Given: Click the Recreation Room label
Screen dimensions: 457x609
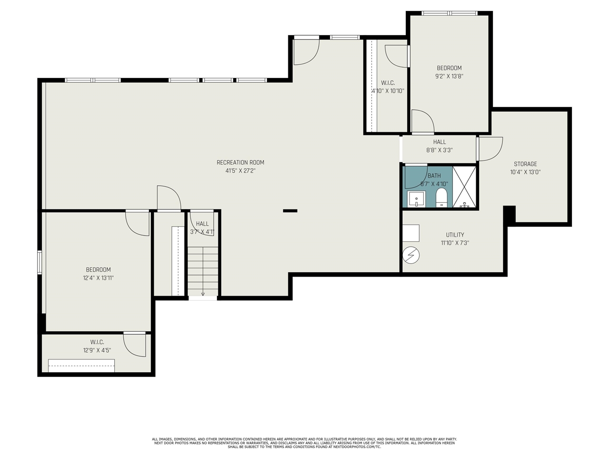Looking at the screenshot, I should click(x=240, y=162).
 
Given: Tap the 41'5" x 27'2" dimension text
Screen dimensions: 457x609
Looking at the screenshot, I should click(x=240, y=170).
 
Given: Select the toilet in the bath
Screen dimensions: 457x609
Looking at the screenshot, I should click(x=442, y=198).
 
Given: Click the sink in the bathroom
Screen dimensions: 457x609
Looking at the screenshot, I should click(x=416, y=199).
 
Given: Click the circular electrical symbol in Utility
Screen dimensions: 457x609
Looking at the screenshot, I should click(x=411, y=256).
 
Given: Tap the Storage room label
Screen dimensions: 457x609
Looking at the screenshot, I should click(x=525, y=164).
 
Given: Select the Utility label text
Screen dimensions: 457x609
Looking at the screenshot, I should click(x=455, y=235).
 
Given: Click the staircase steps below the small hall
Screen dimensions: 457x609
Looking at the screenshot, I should click(x=203, y=269).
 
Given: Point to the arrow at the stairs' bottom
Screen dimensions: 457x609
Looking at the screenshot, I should click(x=203, y=294).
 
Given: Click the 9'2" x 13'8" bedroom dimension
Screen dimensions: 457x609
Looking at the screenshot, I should click(x=449, y=76).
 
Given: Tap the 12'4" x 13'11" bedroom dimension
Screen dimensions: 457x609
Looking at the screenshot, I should click(x=98, y=278).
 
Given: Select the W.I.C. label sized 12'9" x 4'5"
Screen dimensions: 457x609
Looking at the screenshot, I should click(x=97, y=342).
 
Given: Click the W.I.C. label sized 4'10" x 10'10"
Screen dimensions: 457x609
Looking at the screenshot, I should click(x=388, y=83).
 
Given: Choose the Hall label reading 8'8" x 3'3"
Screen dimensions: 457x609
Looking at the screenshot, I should click(x=439, y=142).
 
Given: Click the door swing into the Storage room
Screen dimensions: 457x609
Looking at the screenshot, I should click(x=490, y=149).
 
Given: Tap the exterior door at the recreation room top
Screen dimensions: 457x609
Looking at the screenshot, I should click(x=306, y=51).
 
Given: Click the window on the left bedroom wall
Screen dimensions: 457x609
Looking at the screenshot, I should click(x=40, y=262).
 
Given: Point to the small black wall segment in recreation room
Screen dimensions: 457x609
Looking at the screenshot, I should click(x=290, y=210).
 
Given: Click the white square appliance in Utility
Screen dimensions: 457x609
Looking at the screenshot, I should click(x=411, y=233).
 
